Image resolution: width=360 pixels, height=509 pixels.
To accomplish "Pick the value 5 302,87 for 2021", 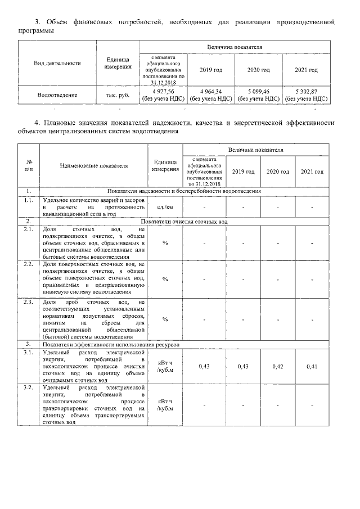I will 306,91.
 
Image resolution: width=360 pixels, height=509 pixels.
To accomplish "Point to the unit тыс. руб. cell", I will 118,95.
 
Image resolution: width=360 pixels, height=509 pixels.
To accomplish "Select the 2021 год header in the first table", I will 306,70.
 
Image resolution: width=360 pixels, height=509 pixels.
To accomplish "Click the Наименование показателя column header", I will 94,166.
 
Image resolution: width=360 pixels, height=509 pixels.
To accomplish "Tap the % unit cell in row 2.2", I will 165,279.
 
